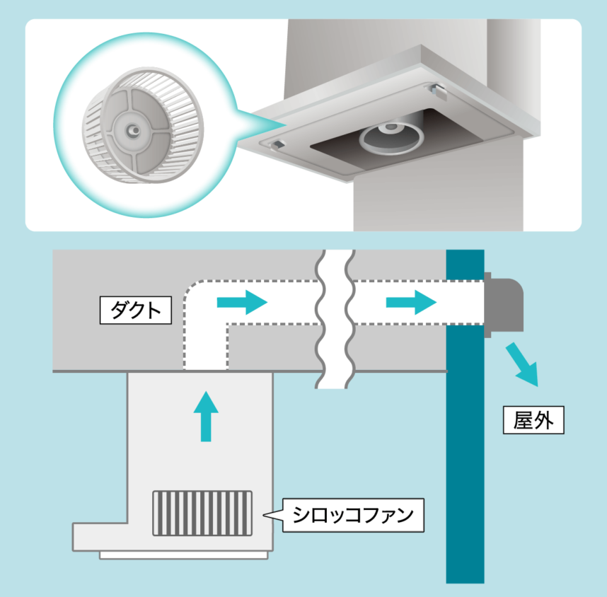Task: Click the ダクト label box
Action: [x=136, y=310]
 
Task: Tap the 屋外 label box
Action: [x=533, y=420]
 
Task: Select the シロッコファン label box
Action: [x=353, y=516]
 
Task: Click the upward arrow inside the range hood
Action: [x=206, y=416]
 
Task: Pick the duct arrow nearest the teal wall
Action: [x=412, y=302]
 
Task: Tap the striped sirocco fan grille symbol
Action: [x=202, y=514]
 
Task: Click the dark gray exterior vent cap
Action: [x=504, y=305]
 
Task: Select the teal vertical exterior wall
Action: [x=465, y=416]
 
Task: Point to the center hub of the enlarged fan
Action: [x=134, y=130]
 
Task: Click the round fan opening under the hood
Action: [x=391, y=138]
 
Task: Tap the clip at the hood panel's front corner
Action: [x=278, y=145]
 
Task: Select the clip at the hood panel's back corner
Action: [x=437, y=91]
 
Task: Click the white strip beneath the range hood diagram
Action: [x=183, y=555]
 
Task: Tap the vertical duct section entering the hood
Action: [x=206, y=347]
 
